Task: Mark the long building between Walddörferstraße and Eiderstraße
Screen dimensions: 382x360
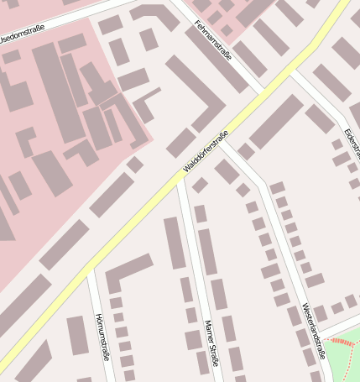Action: pyautogui.click(x=275, y=122)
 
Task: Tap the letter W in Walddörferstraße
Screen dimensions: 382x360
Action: pyautogui.click(x=186, y=172)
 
